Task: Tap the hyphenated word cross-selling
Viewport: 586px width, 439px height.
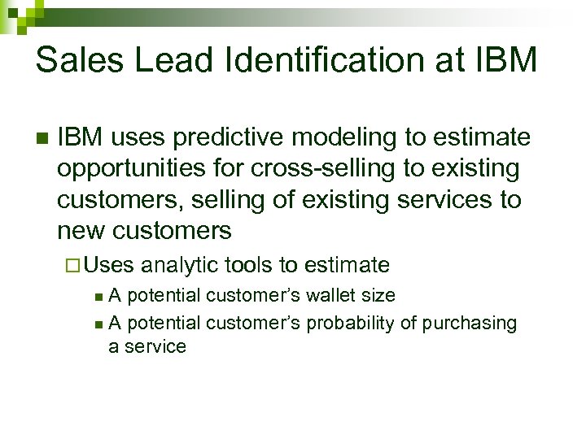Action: (x=305, y=169)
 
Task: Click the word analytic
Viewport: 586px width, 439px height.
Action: (x=181, y=265)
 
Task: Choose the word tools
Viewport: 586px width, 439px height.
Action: (x=250, y=265)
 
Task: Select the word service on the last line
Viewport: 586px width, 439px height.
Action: (x=155, y=346)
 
